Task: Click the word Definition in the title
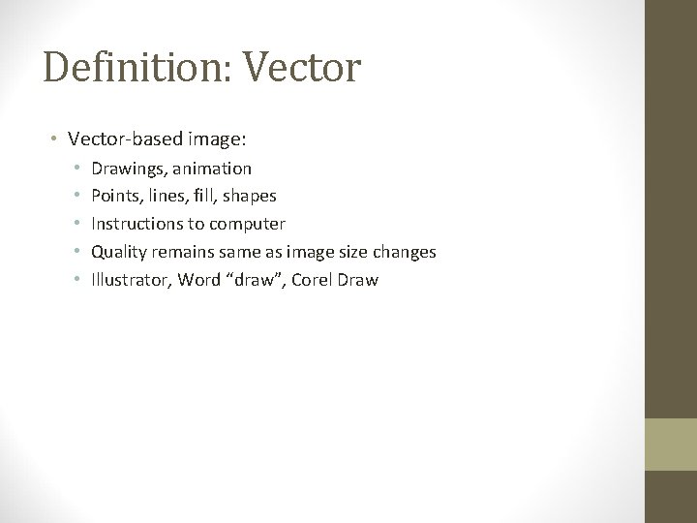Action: coord(117,69)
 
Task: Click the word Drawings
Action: coord(126,169)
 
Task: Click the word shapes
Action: coord(251,197)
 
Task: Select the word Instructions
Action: coord(137,225)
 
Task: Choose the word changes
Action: coord(406,253)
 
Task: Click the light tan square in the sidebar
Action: coord(671,445)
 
